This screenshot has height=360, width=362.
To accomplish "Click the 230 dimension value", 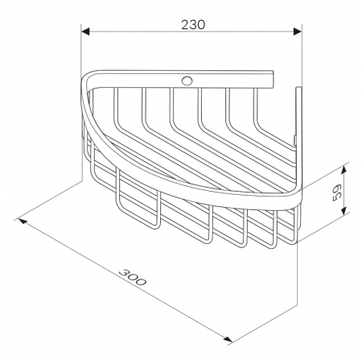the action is (x=193, y=25).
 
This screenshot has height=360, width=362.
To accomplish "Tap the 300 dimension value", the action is (x=133, y=277).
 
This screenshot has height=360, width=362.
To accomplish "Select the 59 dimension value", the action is (x=336, y=192).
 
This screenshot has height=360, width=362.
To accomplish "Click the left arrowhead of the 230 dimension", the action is (x=85, y=31).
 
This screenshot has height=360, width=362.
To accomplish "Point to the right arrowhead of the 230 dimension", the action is (x=298, y=31).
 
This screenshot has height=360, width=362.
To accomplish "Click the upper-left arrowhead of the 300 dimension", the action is (x=22, y=221).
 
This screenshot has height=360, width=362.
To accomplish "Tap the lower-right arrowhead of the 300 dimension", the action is (x=228, y=339).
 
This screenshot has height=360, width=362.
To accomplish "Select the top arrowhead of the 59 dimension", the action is (x=343, y=170).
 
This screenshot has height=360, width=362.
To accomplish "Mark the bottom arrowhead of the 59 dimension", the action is (x=343, y=209).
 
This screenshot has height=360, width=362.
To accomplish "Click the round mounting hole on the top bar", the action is (x=187, y=81).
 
